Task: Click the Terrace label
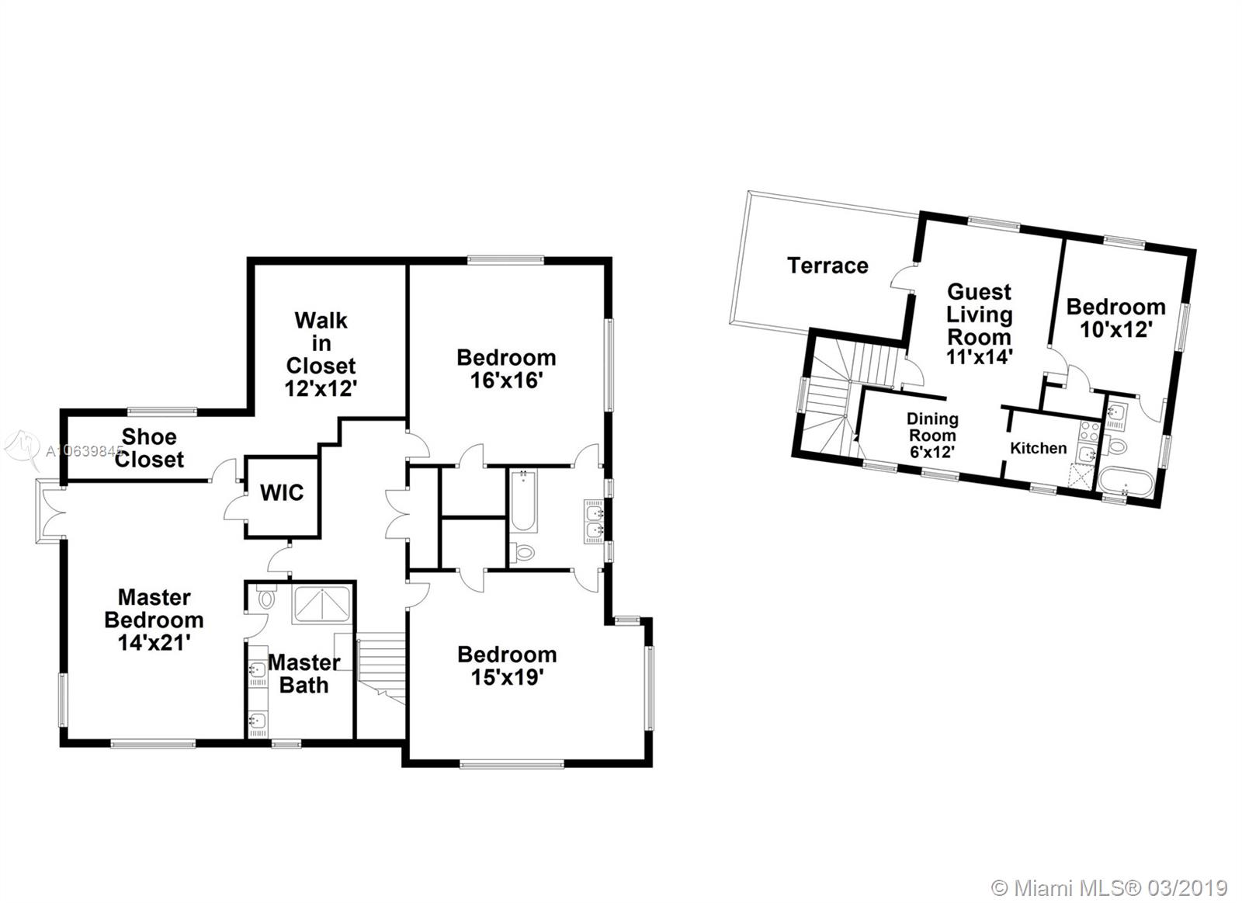pos(827,266)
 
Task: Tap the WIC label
pos(282,492)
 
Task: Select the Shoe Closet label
pos(149,448)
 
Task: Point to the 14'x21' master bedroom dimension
pos(154,643)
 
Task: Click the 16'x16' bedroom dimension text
pos(505,380)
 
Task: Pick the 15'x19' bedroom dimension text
pos(507,677)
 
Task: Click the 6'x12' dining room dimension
pos(931,452)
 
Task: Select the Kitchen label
pos(1038,447)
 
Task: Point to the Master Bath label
pos(304,674)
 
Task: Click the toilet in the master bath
pos(267,597)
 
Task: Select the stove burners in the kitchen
pos(1090,430)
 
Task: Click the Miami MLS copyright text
pos(1109,873)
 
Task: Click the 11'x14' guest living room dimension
pos(979,356)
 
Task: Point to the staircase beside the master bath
pos(381,669)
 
